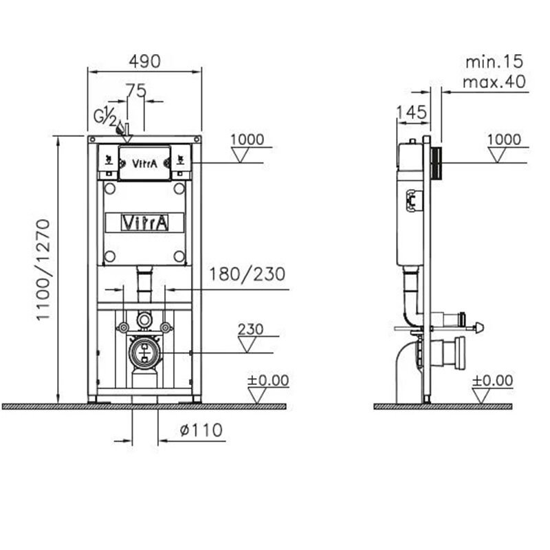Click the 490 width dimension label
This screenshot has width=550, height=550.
(144, 61)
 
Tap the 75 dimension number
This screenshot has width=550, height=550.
(136, 91)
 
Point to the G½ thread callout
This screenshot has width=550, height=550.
(105, 116)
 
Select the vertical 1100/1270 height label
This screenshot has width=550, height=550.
(43, 269)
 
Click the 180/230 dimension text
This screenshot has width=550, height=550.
(247, 274)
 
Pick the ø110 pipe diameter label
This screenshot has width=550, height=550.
(201, 430)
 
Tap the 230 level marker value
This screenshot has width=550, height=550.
(250, 329)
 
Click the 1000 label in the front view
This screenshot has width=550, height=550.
(247, 140)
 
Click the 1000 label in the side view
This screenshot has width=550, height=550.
(504, 140)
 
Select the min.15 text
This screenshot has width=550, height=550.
(494, 62)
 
